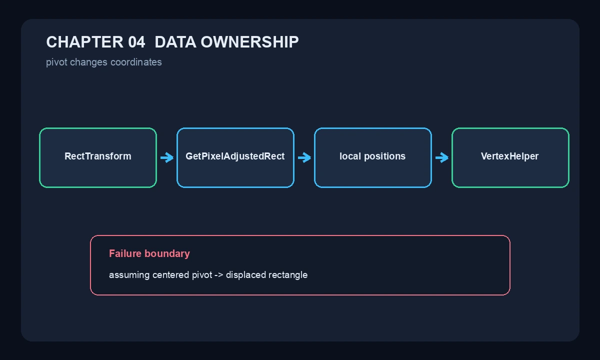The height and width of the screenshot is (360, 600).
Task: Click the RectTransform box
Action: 98,158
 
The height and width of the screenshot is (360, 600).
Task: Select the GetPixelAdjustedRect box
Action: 235,158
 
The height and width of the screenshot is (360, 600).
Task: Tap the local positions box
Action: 373,158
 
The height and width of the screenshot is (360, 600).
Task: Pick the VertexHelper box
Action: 510,158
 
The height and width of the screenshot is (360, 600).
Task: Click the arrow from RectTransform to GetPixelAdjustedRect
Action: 167,157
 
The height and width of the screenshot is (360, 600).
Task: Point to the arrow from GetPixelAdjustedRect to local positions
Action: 304,157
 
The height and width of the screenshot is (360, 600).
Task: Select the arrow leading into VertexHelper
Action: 441,157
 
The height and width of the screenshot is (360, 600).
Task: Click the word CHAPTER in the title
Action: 84,42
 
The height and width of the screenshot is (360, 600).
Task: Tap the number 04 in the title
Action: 136,42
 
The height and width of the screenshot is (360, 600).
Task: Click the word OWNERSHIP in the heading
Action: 249,42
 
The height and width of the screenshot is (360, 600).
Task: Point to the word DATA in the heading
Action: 175,42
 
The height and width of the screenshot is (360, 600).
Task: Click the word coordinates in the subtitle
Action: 136,62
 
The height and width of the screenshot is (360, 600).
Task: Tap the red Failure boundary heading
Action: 149,253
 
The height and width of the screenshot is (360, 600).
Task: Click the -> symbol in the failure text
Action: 219,275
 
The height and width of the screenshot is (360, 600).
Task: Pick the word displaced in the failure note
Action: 246,275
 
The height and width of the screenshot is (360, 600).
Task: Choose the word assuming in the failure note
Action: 129,275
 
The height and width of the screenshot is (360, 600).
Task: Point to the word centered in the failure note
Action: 170,275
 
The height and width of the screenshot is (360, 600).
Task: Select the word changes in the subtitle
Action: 88,62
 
